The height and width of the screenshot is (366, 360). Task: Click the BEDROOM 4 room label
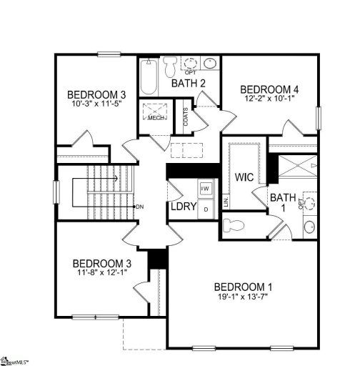269,89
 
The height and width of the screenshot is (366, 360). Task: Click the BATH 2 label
189,84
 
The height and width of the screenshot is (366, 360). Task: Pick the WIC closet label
244,177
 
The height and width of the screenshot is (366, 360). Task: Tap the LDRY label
179,207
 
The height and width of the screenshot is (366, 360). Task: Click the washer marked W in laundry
205,189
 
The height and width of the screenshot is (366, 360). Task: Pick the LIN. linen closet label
225,203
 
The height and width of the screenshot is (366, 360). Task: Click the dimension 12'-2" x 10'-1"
269,99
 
